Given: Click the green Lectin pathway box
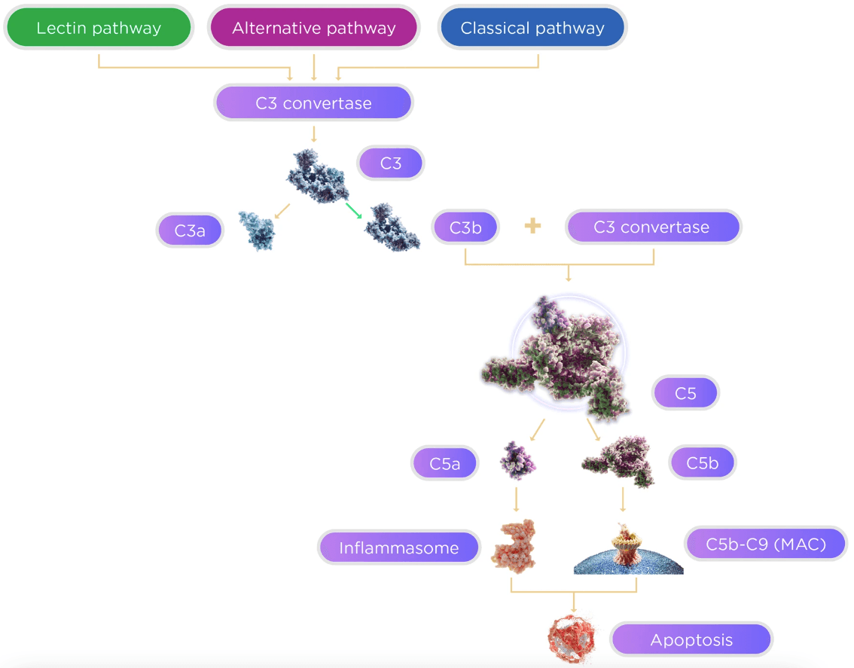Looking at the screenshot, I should tap(99, 29).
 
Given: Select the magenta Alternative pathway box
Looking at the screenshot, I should tap(313, 29).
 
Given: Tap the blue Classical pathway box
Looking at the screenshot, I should tap(532, 29).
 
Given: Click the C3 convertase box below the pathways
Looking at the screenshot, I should tap(313, 103).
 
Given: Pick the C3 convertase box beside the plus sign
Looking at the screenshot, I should tap(652, 227).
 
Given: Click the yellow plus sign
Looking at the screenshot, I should tap(532, 227).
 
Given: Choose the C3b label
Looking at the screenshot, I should tap(465, 227).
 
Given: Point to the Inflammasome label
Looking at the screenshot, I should tap(399, 548).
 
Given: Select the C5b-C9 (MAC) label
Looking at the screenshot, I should tap(765, 544).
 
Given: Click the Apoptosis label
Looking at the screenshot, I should tap(691, 640).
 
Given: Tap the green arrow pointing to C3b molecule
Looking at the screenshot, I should tap(354, 211).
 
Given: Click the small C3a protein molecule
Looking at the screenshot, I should tap(258, 230).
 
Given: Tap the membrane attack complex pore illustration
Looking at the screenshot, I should tap(628, 550).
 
